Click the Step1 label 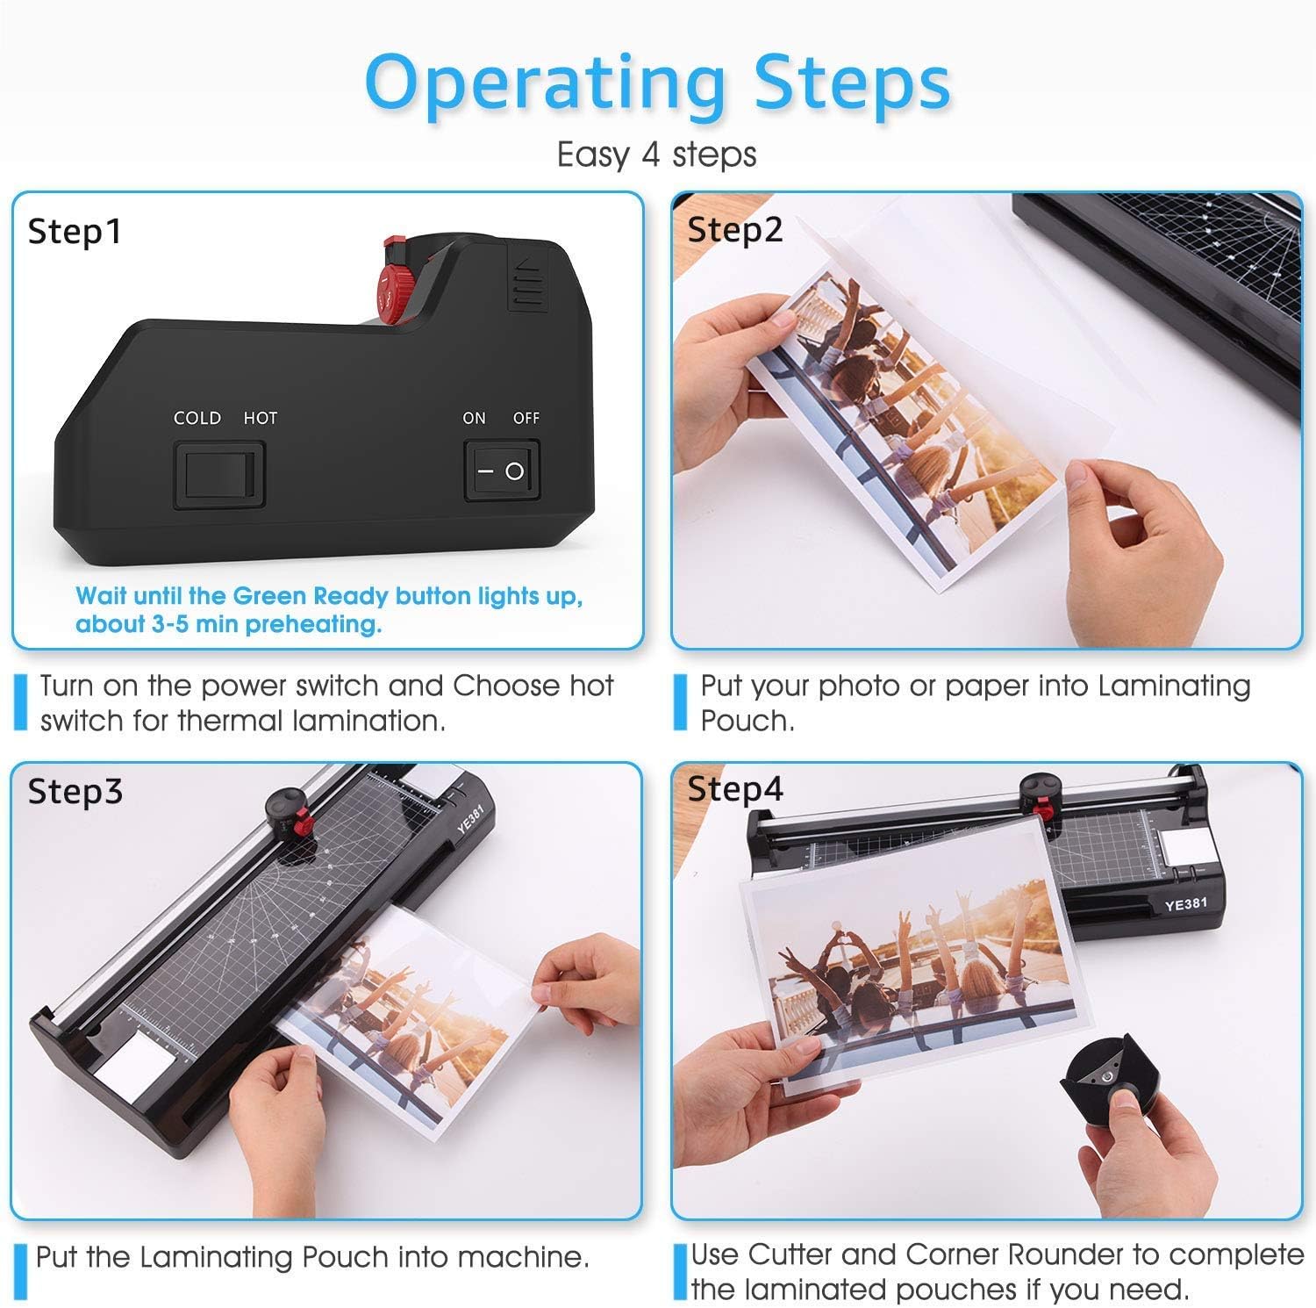[x=75, y=232]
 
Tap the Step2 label [x=734, y=230]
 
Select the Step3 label [x=75, y=791]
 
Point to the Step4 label [x=734, y=788]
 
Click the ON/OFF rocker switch [x=501, y=471]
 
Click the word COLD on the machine [x=197, y=418]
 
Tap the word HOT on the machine [x=260, y=418]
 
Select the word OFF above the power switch [x=526, y=418]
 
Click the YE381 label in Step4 [x=1185, y=903]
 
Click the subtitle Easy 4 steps [x=656, y=155]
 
